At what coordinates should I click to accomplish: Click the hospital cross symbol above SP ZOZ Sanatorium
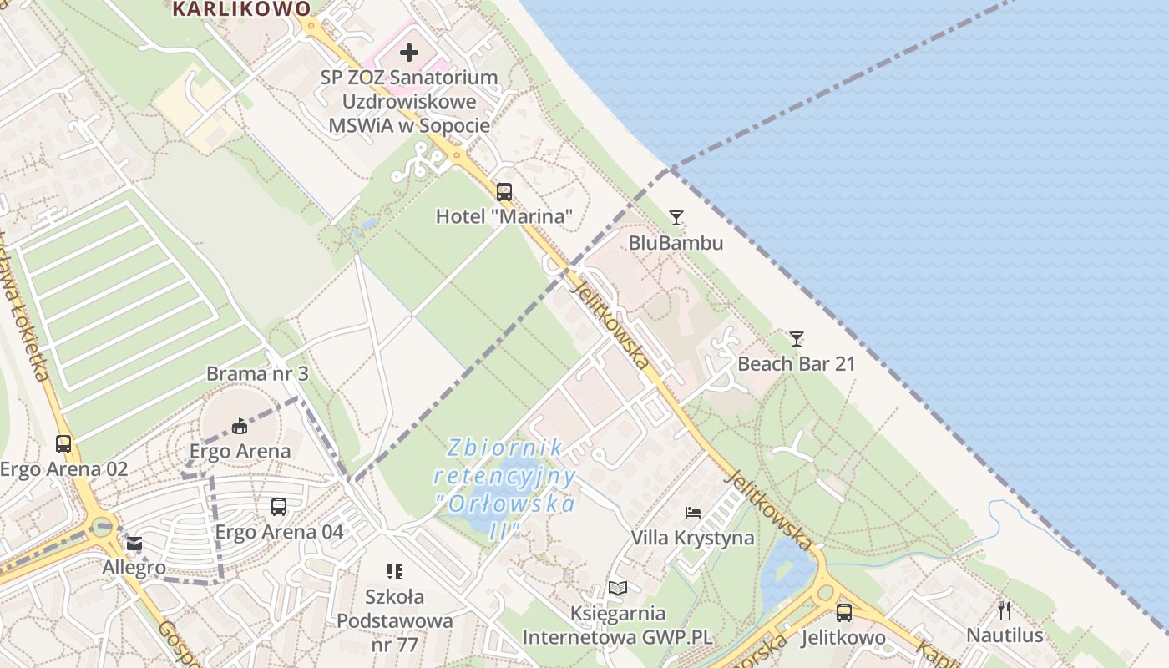408,53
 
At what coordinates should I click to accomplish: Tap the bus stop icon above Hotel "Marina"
504,192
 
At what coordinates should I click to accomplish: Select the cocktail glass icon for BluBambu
676,218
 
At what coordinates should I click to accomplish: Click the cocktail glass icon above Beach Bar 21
797,339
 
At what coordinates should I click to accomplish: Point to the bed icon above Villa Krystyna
693,512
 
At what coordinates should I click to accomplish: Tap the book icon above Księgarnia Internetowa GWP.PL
617,589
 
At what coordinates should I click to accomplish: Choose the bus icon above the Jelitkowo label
844,613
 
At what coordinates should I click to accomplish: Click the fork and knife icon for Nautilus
1005,610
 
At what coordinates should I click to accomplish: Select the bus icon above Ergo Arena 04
279,507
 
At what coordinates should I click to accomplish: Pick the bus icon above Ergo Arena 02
63,444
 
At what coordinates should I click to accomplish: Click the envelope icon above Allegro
134,544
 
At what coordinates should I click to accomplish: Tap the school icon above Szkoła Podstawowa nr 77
395,572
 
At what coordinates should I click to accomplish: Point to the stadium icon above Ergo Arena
240,426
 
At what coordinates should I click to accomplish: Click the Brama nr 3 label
257,373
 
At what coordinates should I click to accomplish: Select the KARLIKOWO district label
241,9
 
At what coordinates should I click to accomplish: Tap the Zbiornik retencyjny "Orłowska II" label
504,489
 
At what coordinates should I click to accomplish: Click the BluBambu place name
676,243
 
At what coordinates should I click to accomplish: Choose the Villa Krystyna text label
692,538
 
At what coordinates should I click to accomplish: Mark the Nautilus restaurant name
1005,635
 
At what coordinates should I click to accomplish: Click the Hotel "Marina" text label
504,217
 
